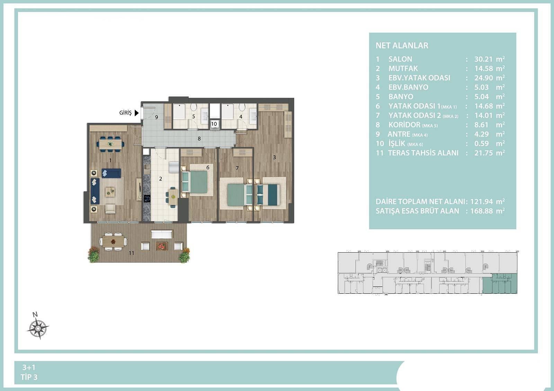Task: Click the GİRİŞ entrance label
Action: pyautogui.click(x=125, y=113)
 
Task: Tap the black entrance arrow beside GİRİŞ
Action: pyautogui.click(x=136, y=113)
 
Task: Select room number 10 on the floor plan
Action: pyautogui.click(x=214, y=124)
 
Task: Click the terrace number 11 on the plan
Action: pyautogui.click(x=131, y=253)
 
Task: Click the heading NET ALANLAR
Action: pyautogui.click(x=402, y=45)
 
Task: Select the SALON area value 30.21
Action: pyautogui.click(x=483, y=59)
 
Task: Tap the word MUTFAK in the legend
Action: pyautogui.click(x=403, y=69)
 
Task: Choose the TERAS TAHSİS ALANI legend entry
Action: pyautogui.click(x=423, y=153)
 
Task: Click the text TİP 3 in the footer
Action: pyautogui.click(x=29, y=377)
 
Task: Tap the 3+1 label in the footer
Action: pyautogui.click(x=29, y=367)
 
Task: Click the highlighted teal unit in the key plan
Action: pyautogui.click(x=500, y=284)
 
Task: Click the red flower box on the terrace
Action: pyautogui.click(x=162, y=246)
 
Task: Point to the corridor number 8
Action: pyautogui.click(x=199, y=139)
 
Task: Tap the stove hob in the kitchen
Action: pyautogui.click(x=147, y=199)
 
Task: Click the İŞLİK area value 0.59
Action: pyautogui.click(x=482, y=144)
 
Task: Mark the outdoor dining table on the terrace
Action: pyautogui.click(x=113, y=242)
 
